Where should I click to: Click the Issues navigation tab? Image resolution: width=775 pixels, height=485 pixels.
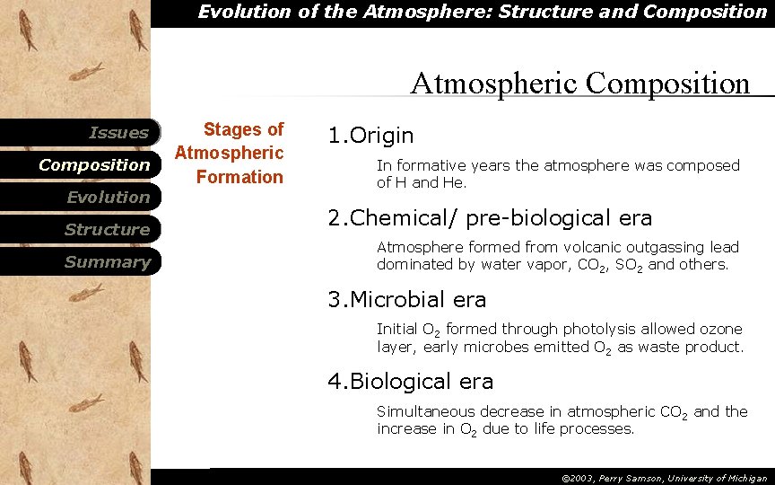coord(118,133)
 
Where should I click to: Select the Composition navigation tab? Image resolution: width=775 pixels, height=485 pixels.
coord(94,165)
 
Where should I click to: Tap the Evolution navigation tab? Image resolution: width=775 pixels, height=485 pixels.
coord(108,198)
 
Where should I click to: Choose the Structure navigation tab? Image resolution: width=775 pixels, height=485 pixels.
coord(106,230)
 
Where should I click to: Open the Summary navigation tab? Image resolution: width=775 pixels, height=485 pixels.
coord(107,262)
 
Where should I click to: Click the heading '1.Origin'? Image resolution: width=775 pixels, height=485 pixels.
coord(370,136)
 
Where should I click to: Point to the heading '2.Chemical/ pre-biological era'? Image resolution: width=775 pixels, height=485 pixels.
coord(490,218)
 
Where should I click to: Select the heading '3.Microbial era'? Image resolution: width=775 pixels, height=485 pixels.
coord(407,300)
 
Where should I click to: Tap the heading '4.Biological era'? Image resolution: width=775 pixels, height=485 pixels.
coord(411,382)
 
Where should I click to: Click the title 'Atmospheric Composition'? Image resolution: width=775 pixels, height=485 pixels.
coord(579,84)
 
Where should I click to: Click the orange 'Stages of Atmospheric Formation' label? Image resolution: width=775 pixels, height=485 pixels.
coord(230,154)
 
